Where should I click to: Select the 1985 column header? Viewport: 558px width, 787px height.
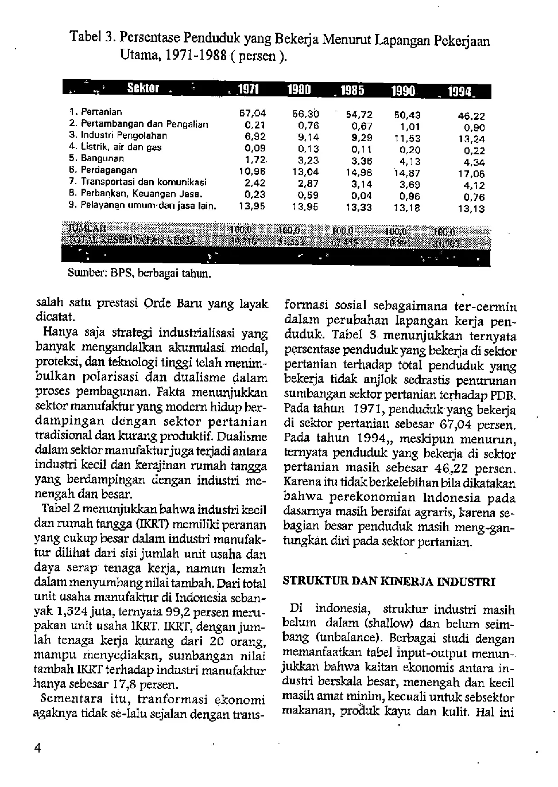pyautogui.click(x=352, y=90)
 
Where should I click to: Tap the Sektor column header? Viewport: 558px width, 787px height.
pyautogui.click(x=144, y=88)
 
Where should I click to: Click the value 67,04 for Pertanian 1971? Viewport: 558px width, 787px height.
pyautogui.click(x=253, y=114)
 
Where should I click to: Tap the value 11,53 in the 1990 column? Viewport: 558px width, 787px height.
pyautogui.click(x=407, y=138)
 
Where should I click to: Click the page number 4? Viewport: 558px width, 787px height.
pyautogui.click(x=38, y=748)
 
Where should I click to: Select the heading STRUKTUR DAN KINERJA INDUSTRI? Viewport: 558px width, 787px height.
pyautogui.click(x=389, y=582)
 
